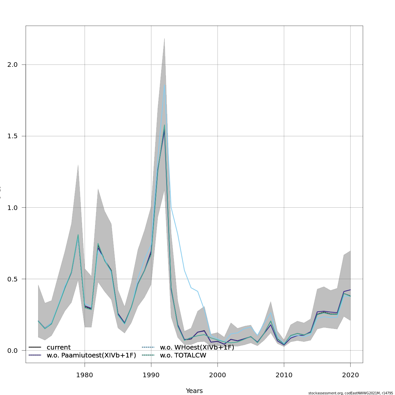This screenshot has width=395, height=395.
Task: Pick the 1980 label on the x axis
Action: pyautogui.click(x=85, y=375)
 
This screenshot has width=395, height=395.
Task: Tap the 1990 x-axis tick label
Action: pyautogui.click(x=151, y=375)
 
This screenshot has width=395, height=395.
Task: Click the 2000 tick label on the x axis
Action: pyautogui.click(x=218, y=375)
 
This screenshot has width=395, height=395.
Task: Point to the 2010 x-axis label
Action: pyautogui.click(x=284, y=375)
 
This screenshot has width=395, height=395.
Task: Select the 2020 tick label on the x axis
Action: pyautogui.click(x=350, y=375)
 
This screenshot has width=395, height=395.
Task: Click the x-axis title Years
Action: pyautogui.click(x=194, y=391)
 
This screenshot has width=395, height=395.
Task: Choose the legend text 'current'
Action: pyautogui.click(x=59, y=347)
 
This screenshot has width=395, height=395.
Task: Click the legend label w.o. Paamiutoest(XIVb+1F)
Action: pyautogui.click(x=91, y=355)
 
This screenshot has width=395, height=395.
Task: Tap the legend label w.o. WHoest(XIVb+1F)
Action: pyautogui.click(x=197, y=347)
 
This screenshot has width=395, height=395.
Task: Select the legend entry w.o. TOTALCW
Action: pyautogui.click(x=183, y=355)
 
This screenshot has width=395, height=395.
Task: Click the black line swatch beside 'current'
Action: pyautogui.click(x=35, y=347)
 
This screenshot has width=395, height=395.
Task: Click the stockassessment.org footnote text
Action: pyautogui.click(x=351, y=393)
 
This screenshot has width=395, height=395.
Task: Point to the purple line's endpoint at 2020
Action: pyautogui.click(x=350, y=290)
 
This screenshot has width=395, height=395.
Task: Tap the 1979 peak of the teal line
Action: pyautogui.click(x=78, y=235)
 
